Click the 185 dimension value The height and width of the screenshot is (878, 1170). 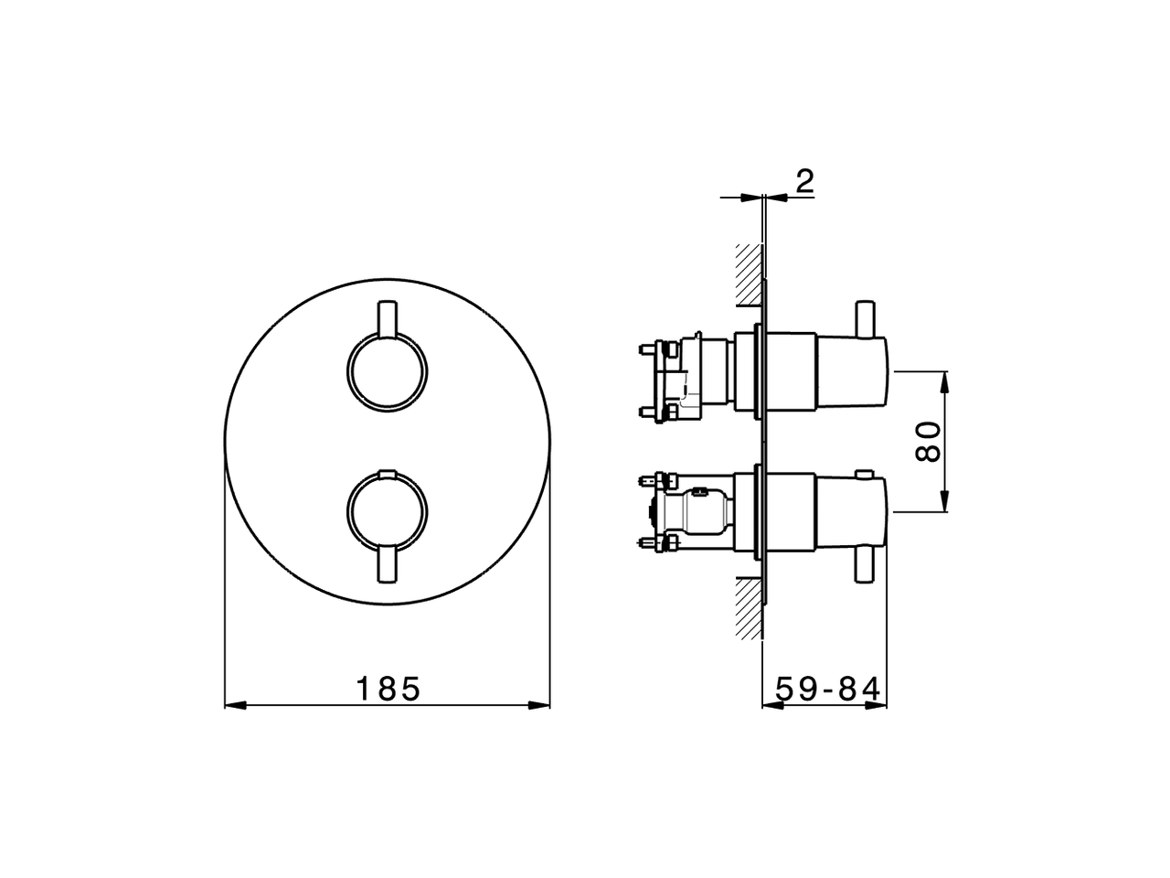point(388,688)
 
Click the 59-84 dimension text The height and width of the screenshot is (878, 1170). point(827,689)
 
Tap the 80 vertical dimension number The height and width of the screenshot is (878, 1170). point(928,441)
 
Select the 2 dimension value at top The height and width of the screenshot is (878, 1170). point(803,181)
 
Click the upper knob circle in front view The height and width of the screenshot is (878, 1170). point(387,372)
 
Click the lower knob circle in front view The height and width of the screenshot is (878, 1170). point(387,509)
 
